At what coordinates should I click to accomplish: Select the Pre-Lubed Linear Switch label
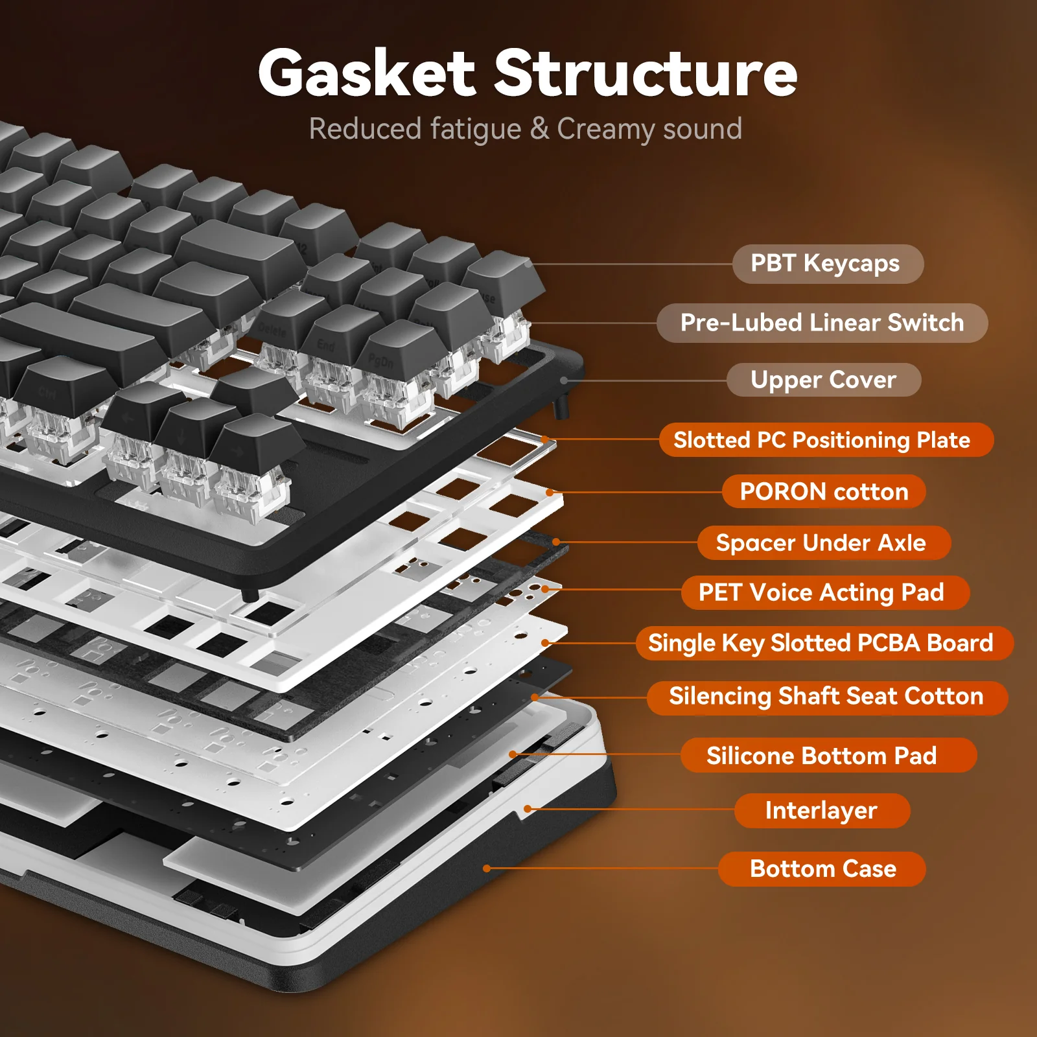coord(822,323)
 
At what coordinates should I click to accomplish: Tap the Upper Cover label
coord(823,380)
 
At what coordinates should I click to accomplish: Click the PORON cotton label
coord(824,492)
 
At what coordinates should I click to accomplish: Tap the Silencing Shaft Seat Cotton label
coord(827,697)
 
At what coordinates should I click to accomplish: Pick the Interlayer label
coord(822,810)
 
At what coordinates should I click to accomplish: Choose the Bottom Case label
coord(822,868)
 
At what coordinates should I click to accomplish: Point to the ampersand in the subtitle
coord(539,128)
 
